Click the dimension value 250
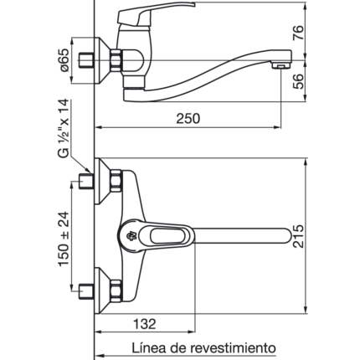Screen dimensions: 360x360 click(188, 118)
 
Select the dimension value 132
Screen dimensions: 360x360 click(144, 324)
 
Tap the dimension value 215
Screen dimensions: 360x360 click(298, 236)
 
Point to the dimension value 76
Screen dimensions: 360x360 click(298, 33)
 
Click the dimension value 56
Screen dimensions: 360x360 click(298, 81)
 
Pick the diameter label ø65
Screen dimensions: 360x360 click(64, 60)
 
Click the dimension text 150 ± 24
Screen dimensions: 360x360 click(64, 239)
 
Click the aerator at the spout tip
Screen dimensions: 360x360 click(280, 65)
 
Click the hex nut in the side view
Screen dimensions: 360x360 click(116, 60)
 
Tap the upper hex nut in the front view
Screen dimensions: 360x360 click(116, 181)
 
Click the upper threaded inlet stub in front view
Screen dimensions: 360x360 click(85, 181)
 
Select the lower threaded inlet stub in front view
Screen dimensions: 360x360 click(85, 291)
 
